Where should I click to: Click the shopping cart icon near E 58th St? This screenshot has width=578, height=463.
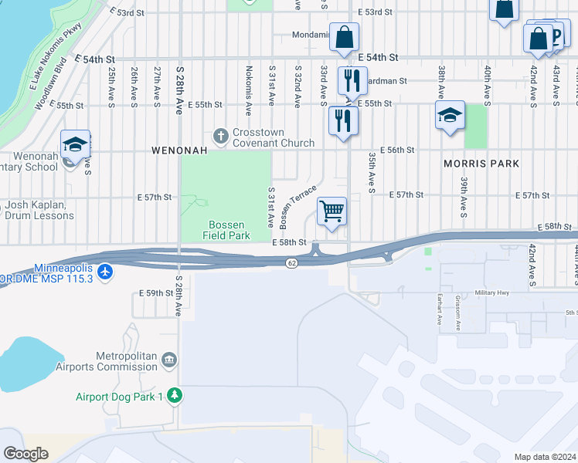tap(331, 211)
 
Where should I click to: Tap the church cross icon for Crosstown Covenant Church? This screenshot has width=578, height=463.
tap(221, 136)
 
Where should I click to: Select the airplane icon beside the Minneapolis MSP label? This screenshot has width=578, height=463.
tap(106, 272)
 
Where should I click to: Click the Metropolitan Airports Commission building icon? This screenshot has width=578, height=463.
tap(169, 360)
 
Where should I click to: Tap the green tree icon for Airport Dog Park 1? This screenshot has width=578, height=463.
tap(175, 397)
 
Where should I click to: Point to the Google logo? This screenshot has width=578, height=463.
tap(25, 454)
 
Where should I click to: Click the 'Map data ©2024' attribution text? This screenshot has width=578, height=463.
tap(545, 457)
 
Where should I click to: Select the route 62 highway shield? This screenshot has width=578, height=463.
tap(291, 263)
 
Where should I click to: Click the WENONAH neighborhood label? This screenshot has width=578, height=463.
tap(179, 151)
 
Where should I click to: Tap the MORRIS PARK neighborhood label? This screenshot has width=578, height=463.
tap(481, 164)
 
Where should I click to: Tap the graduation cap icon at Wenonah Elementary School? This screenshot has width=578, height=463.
tap(75, 145)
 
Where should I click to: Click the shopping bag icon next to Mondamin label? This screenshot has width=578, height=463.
tap(344, 37)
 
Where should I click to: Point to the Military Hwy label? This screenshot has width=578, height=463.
tap(495, 293)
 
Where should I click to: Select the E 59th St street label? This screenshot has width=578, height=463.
tap(155, 293)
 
